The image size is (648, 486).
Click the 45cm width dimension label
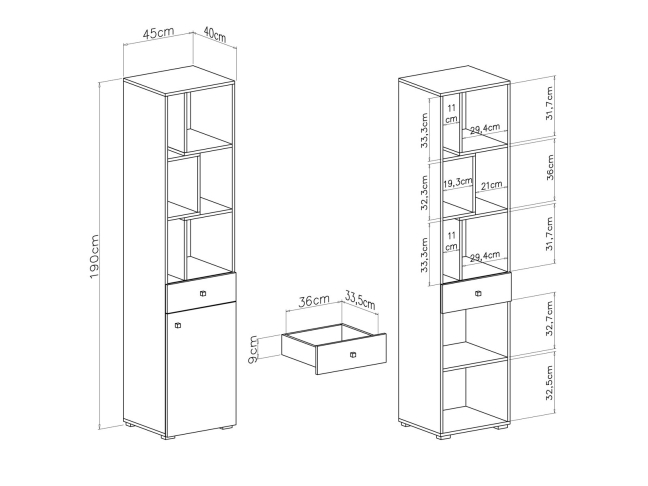(x=158, y=33)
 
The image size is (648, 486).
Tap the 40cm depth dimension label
(x=215, y=35)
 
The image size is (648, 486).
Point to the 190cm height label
(x=95, y=257)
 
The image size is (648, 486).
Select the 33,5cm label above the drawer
(x=360, y=300)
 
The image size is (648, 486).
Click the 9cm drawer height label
(x=253, y=350)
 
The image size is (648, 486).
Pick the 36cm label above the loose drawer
(x=314, y=300)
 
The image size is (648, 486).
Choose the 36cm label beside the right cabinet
(x=550, y=167)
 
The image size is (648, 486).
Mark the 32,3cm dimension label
(x=424, y=193)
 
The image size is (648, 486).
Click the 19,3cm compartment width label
(x=457, y=183)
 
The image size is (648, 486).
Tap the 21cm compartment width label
(x=491, y=185)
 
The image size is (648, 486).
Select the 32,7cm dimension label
(x=549, y=318)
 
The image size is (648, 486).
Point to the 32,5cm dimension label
(x=549, y=383)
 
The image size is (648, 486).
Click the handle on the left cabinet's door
(x=178, y=325)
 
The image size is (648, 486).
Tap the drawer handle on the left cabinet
(x=202, y=294)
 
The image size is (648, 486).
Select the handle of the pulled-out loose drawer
(x=353, y=355)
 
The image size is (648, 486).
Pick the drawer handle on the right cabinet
(x=478, y=294)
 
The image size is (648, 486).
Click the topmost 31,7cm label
(x=549, y=103)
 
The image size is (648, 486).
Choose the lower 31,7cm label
(x=549, y=234)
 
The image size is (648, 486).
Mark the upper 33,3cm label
(x=424, y=131)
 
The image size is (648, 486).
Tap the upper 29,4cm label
(x=485, y=129)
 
